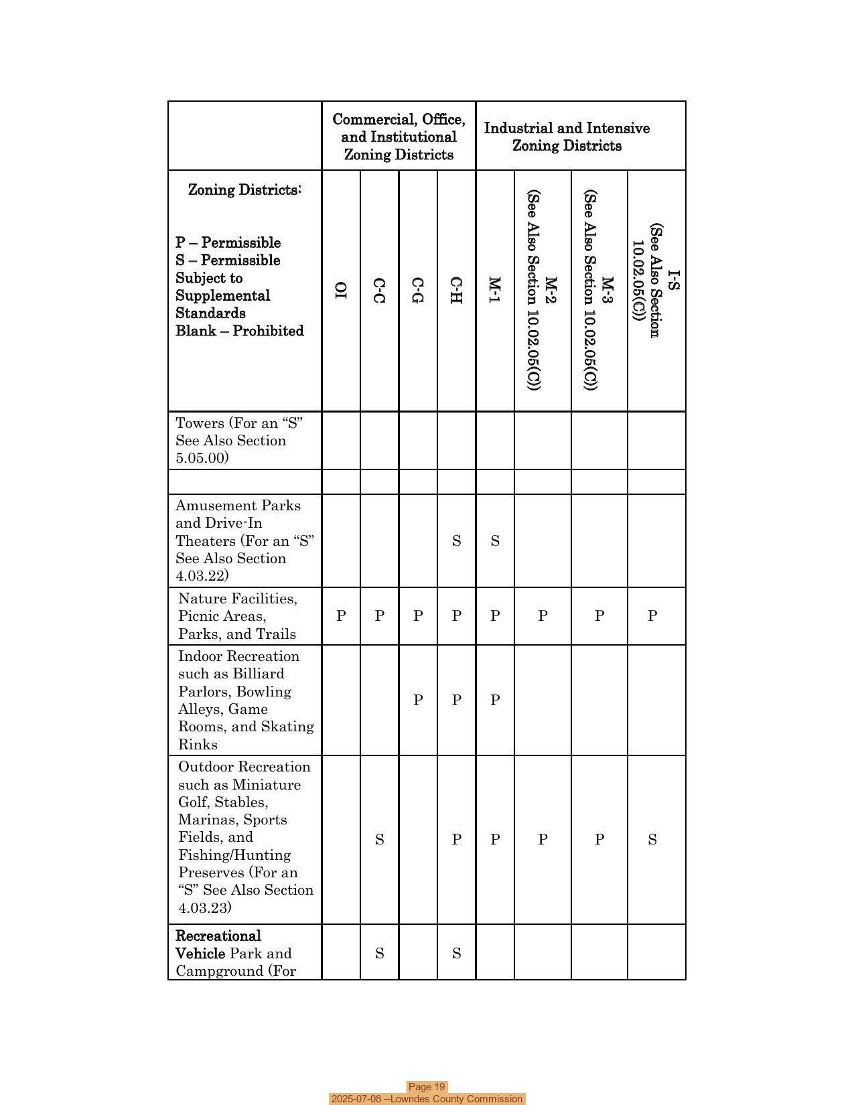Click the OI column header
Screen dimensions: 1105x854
(x=341, y=290)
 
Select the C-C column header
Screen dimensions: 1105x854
(x=379, y=291)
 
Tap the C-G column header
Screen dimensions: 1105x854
(x=418, y=291)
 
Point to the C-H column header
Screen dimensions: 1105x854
(x=456, y=291)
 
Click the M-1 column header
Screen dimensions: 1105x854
(x=494, y=290)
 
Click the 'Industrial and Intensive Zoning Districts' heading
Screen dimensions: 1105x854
(x=567, y=137)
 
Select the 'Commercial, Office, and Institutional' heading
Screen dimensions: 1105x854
(x=399, y=137)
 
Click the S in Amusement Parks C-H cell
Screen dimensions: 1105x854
(x=456, y=541)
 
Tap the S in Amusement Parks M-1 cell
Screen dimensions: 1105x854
(x=494, y=541)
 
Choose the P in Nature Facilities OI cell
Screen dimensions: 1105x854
(x=341, y=616)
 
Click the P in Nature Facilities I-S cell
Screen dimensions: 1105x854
(x=652, y=616)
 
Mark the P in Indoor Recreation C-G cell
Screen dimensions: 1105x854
(x=418, y=701)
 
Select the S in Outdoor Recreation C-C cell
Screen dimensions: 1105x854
(x=379, y=840)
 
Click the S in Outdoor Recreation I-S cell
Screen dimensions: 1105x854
(x=652, y=840)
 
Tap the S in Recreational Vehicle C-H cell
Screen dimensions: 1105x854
(x=456, y=954)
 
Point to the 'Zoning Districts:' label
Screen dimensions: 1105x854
(x=244, y=190)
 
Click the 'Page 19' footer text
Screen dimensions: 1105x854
(x=427, y=1087)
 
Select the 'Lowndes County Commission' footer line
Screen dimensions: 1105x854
(x=427, y=1099)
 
